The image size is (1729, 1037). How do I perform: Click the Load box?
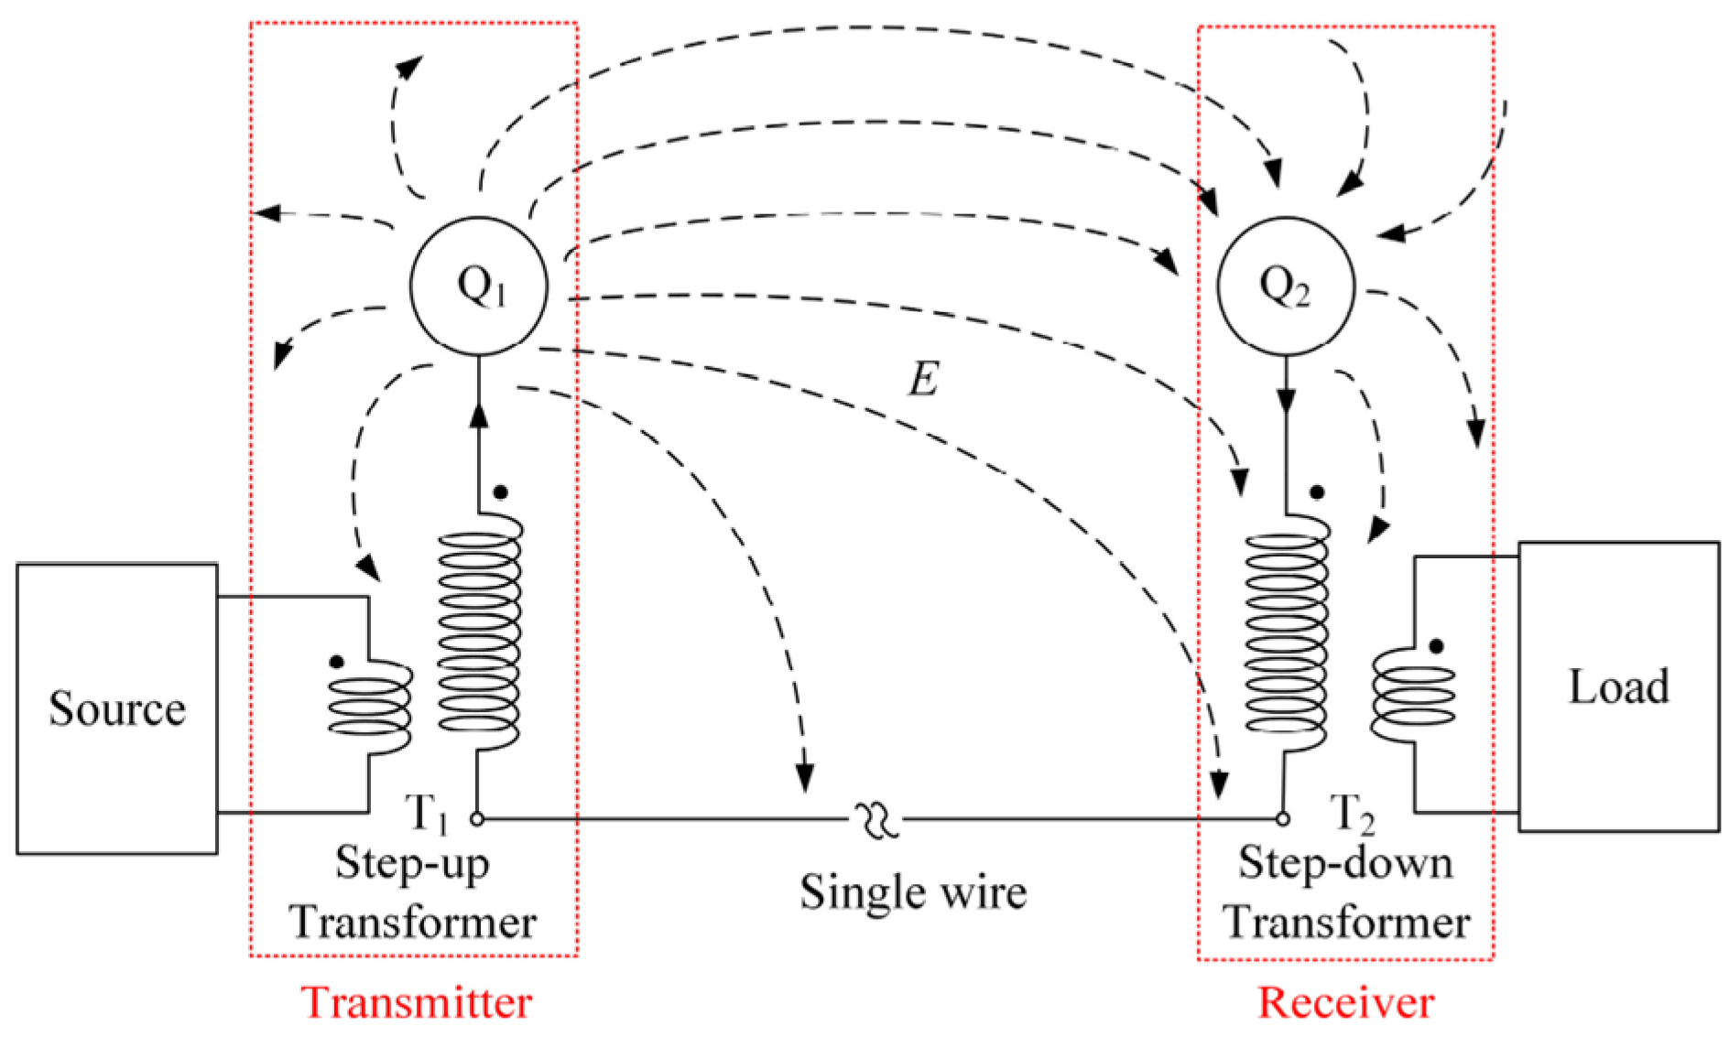(x=1618, y=686)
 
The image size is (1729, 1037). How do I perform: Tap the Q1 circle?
(x=479, y=286)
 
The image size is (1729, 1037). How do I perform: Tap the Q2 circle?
(x=1285, y=286)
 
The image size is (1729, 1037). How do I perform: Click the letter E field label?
(x=923, y=378)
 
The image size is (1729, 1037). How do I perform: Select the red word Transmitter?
(x=417, y=1002)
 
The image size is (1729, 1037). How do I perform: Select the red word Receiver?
(x=1345, y=1002)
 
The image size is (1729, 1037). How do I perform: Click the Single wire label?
(x=913, y=891)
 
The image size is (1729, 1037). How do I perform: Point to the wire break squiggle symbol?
(x=877, y=820)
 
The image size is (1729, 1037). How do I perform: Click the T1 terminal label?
(x=428, y=812)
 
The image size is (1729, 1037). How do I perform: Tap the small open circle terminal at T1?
(x=477, y=819)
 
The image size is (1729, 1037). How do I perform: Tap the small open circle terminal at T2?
(x=1282, y=819)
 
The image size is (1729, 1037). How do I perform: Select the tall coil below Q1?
(x=479, y=632)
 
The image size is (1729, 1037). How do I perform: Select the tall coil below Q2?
(x=1286, y=632)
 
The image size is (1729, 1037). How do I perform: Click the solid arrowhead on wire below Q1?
(x=478, y=415)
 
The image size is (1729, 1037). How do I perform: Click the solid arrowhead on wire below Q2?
(x=1286, y=400)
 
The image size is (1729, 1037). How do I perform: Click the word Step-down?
(x=1345, y=862)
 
